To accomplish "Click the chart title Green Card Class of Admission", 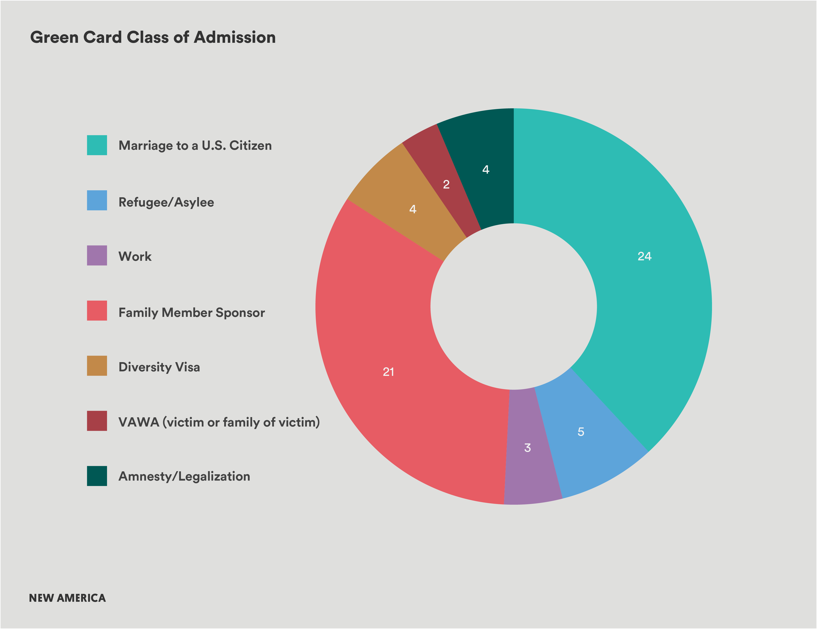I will [x=153, y=37].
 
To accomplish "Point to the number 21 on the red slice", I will [x=388, y=372].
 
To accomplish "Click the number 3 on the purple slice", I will [x=527, y=448].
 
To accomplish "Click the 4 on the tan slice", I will [x=413, y=209].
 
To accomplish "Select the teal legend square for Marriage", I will [x=97, y=145].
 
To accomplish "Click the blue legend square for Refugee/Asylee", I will [x=97, y=200].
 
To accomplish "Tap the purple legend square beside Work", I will [x=97, y=255].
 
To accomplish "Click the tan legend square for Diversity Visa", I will [x=97, y=366].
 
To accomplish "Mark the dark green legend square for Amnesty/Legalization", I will [x=97, y=476].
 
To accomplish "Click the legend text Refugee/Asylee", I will [x=166, y=202].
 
